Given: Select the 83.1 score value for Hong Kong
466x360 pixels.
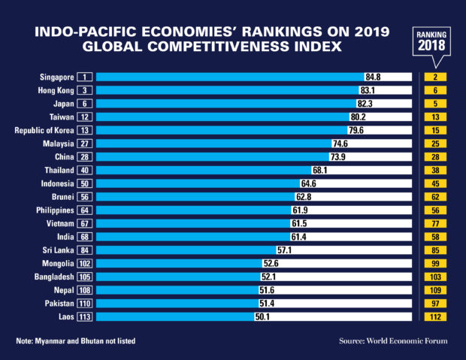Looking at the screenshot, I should pos(368,90).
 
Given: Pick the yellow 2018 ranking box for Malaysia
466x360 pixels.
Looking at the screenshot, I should pos(434,144).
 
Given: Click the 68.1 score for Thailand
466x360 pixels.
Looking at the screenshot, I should pos(320,170).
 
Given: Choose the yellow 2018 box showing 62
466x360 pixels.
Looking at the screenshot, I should pos(434,197).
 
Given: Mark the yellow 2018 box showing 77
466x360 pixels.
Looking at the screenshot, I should pos(434,223).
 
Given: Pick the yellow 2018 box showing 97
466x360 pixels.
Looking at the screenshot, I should pos(434,304).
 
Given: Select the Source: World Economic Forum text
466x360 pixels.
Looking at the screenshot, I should pos(392,341).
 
